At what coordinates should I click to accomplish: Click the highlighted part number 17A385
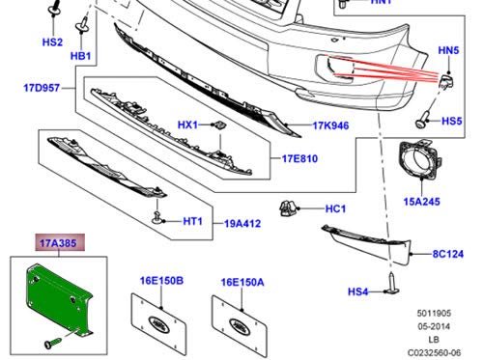(58, 243)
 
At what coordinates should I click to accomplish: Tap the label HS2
(52, 42)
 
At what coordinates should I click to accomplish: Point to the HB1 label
(81, 56)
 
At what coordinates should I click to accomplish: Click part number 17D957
(42, 88)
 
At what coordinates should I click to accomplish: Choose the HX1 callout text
(187, 125)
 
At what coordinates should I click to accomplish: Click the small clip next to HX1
(220, 125)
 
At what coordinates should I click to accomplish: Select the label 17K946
(330, 125)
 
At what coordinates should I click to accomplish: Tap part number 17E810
(299, 158)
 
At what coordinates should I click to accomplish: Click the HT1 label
(192, 221)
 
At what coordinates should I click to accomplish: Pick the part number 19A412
(242, 224)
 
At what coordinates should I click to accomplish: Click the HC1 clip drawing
(287, 208)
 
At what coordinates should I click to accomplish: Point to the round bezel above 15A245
(420, 159)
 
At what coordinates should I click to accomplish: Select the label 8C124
(448, 254)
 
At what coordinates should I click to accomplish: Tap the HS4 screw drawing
(393, 283)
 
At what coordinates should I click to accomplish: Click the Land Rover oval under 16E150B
(158, 324)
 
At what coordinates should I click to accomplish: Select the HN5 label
(448, 50)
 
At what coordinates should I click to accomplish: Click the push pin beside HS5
(422, 120)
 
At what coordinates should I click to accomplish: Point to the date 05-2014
(434, 326)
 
